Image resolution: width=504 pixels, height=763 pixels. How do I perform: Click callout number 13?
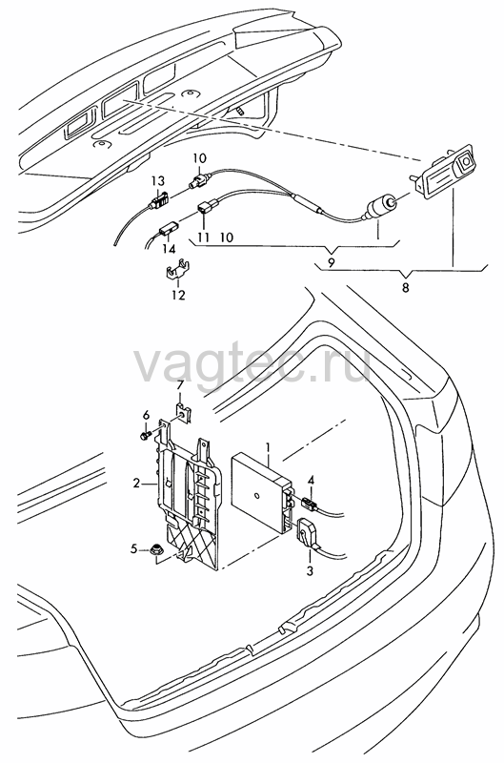coord(158,181)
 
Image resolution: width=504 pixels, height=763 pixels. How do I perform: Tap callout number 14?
coord(169,250)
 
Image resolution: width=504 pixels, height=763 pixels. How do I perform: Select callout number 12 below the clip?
coord(178,295)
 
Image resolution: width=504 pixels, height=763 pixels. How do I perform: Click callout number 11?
coord(203,237)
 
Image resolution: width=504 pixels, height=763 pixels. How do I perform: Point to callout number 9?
coord(331,263)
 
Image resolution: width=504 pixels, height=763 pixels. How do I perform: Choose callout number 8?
coord(405,288)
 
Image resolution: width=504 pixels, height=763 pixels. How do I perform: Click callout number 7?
coord(180,385)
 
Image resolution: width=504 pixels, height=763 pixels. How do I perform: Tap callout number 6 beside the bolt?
coord(146,415)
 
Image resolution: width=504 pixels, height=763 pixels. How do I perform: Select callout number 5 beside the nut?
coord(133,549)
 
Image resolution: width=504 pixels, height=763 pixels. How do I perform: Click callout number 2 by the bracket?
coord(136,484)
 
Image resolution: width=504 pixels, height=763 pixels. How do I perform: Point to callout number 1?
coord(267,446)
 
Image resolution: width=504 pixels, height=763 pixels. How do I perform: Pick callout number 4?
coord(310,481)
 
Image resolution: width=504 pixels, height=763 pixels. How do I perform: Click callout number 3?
coord(310,570)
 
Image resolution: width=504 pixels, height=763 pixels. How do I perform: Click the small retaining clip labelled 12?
coord(177,272)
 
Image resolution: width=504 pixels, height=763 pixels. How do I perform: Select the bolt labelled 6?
coord(146,435)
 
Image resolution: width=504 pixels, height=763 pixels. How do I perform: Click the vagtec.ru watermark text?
coord(252,366)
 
